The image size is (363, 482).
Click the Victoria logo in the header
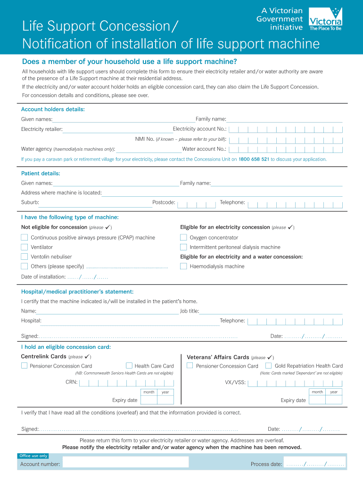[x=325, y=19]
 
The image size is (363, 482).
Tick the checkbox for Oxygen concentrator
[x=183, y=238]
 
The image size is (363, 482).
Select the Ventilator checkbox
[x=24, y=247]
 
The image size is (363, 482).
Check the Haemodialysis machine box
[x=183, y=266]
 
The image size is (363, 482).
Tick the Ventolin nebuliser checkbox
[x=24, y=257]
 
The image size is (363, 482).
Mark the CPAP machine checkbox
[x=24, y=238]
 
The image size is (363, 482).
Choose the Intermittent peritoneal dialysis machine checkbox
[x=183, y=247]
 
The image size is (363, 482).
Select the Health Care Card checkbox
[x=129, y=366]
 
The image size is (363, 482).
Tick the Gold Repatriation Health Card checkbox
[x=268, y=366]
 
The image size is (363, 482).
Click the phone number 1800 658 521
[x=254, y=159]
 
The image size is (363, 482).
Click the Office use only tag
[x=33, y=456]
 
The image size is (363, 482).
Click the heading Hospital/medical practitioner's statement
[x=77, y=292]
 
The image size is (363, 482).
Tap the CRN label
[x=71, y=382]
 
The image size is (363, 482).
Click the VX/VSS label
[x=235, y=382]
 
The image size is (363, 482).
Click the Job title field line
[x=271, y=312]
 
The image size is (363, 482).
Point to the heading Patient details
[x=41, y=173]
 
